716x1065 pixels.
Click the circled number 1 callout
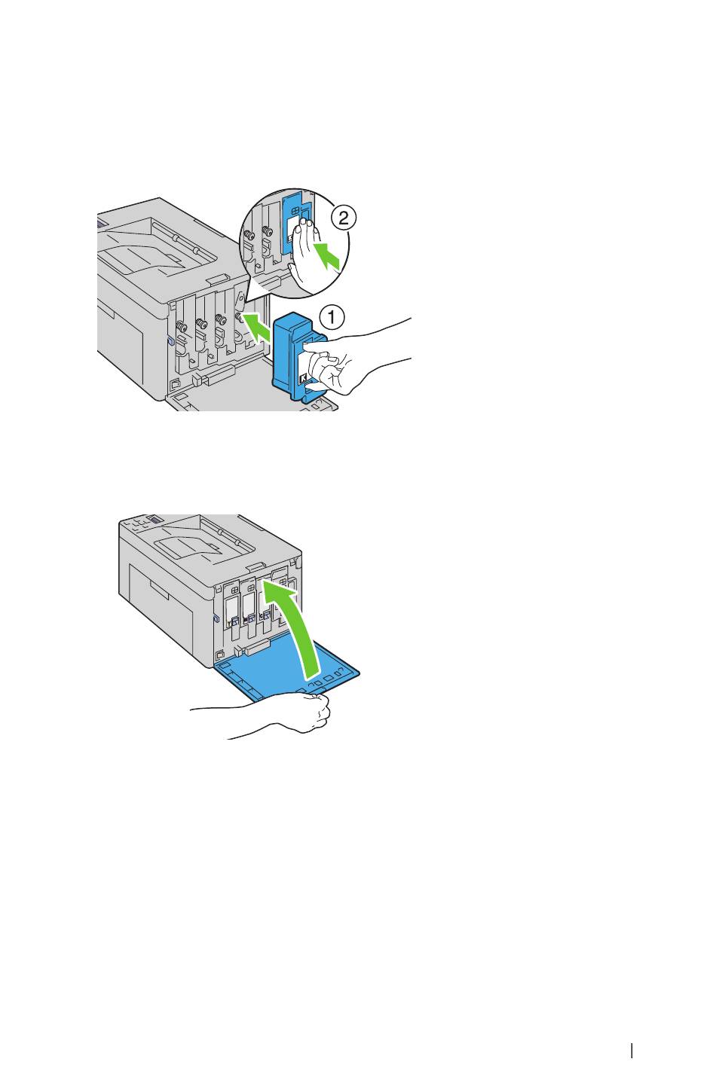pyautogui.click(x=332, y=317)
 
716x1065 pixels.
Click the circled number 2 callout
pyautogui.click(x=343, y=218)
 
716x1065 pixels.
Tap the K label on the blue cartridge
pyautogui.click(x=302, y=378)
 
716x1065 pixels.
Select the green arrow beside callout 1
pyautogui.click(x=255, y=327)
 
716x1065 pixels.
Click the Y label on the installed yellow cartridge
pyautogui.click(x=230, y=621)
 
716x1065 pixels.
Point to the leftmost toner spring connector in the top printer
pyautogui.click(x=181, y=327)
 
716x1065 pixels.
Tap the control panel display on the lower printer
pyautogui.click(x=154, y=519)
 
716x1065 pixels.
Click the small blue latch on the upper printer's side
pyautogui.click(x=168, y=340)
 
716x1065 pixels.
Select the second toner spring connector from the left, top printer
pyautogui.click(x=200, y=325)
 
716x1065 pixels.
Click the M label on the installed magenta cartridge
pyautogui.click(x=245, y=621)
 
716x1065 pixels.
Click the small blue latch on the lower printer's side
pyautogui.click(x=216, y=618)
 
